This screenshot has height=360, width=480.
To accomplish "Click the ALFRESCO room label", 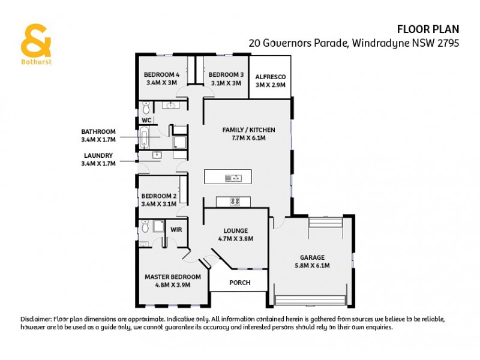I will pyautogui.click(x=270, y=77).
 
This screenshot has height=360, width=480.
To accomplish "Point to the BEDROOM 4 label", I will pyautogui.click(x=161, y=75).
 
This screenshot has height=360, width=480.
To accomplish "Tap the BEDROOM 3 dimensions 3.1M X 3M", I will pyautogui.click(x=225, y=83).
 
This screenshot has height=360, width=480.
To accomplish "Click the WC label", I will pyautogui.click(x=146, y=120).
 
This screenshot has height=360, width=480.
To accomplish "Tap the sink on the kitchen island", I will pyautogui.click(x=232, y=178).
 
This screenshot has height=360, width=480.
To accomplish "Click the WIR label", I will pyautogui.click(x=176, y=230).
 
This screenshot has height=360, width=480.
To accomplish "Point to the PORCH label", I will pyautogui.click(x=240, y=283).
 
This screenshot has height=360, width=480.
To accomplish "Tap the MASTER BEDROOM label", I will pyautogui.click(x=173, y=277).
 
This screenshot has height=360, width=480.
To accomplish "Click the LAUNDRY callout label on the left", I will pyautogui.click(x=98, y=155).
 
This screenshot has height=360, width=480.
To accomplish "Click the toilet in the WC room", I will pyautogui.click(x=145, y=109).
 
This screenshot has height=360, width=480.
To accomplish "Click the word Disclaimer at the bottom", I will pyautogui.click(x=36, y=319).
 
